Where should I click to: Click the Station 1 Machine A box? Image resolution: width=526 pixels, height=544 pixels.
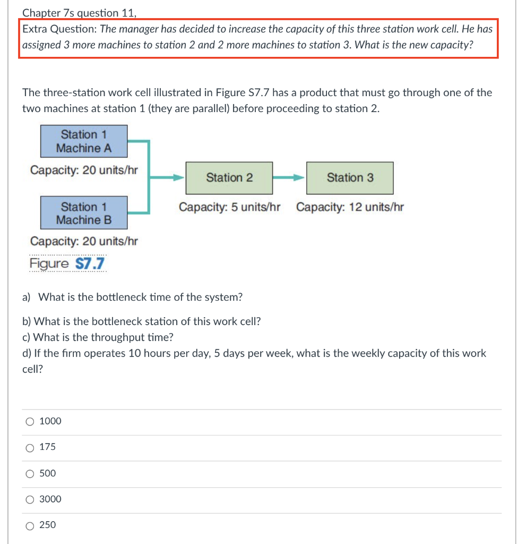pyautogui.click(x=84, y=141)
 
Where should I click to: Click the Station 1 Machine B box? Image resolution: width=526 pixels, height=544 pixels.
pyautogui.click(x=84, y=213)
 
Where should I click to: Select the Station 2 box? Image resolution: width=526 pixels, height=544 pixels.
pyautogui.click(x=229, y=178)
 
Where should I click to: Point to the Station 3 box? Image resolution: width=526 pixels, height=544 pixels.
pyautogui.click(x=350, y=178)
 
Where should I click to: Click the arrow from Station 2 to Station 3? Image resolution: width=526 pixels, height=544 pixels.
pyautogui.click(x=289, y=178)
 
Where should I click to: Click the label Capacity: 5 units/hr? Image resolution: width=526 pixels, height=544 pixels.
pyautogui.click(x=229, y=207)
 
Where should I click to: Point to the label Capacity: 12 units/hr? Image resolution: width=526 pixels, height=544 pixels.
pyautogui.click(x=350, y=207)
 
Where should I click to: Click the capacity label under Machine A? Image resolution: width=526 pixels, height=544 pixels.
pyautogui.click(x=84, y=170)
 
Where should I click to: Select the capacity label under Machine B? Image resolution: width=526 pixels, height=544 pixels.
pyautogui.click(x=84, y=241)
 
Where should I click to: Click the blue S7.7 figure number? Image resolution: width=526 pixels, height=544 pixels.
pyautogui.click(x=90, y=263)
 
